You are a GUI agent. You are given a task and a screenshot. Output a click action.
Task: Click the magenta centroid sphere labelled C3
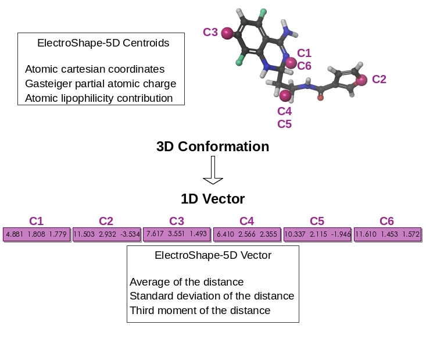[227, 33]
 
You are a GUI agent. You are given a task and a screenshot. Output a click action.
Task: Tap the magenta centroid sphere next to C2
[361, 80]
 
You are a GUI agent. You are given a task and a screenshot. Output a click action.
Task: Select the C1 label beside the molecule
[304, 54]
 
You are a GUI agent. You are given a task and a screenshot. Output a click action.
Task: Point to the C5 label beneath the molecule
[284, 124]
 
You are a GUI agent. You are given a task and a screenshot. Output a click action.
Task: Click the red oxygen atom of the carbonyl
[320, 98]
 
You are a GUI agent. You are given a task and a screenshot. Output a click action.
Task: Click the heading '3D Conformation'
[213, 147]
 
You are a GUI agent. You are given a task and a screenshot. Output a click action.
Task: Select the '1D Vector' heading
[213, 199]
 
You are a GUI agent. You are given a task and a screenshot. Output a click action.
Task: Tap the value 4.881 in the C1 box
[14, 234]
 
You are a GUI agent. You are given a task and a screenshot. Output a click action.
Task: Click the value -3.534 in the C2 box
[130, 234]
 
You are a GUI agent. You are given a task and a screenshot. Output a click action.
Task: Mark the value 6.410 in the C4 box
[224, 234]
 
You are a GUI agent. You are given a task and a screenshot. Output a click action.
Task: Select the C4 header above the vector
[246, 221]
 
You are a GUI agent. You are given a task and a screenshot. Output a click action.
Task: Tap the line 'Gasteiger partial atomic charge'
[101, 84]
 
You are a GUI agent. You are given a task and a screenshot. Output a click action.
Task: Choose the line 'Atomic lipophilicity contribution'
[99, 98]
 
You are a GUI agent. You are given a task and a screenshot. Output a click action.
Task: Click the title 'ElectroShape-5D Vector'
[213, 255]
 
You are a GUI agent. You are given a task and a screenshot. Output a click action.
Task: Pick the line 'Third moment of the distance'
[200, 311]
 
